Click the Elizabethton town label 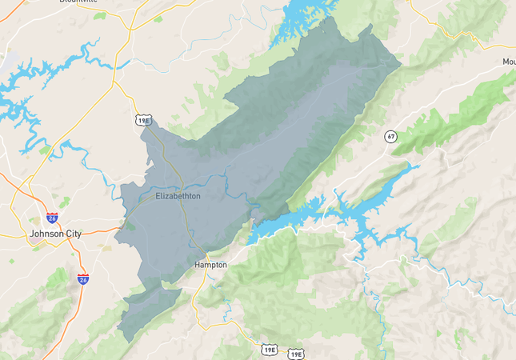tap(178, 195)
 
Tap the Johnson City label tap(55, 234)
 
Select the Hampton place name tap(211, 264)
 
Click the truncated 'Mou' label tap(508, 62)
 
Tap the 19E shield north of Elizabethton tap(143, 120)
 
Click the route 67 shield tap(390, 135)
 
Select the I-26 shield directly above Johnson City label tap(52, 217)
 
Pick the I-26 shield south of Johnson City tap(83, 278)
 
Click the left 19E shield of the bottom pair tap(270, 349)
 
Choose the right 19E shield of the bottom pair tap(296, 353)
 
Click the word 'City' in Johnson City tap(72, 234)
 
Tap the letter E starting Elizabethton tap(157, 195)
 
